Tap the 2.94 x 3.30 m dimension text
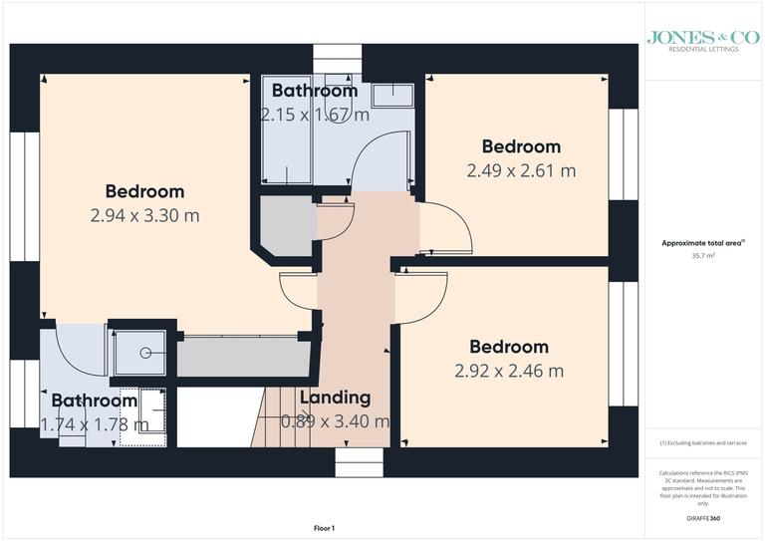point(145,215)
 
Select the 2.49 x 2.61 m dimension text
point(520,170)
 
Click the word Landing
point(335,398)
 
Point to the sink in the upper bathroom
point(397,95)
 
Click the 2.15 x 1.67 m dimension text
point(315,115)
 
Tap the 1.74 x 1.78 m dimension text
point(95,424)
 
